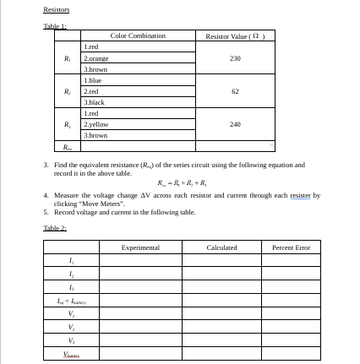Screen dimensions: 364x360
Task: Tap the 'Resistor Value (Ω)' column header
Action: click(x=235, y=36)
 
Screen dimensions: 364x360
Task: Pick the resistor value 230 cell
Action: click(x=235, y=58)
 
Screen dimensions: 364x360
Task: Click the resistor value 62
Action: click(x=235, y=91)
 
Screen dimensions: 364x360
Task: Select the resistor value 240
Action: click(x=235, y=124)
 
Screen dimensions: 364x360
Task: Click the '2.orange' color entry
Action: click(x=92, y=58)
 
